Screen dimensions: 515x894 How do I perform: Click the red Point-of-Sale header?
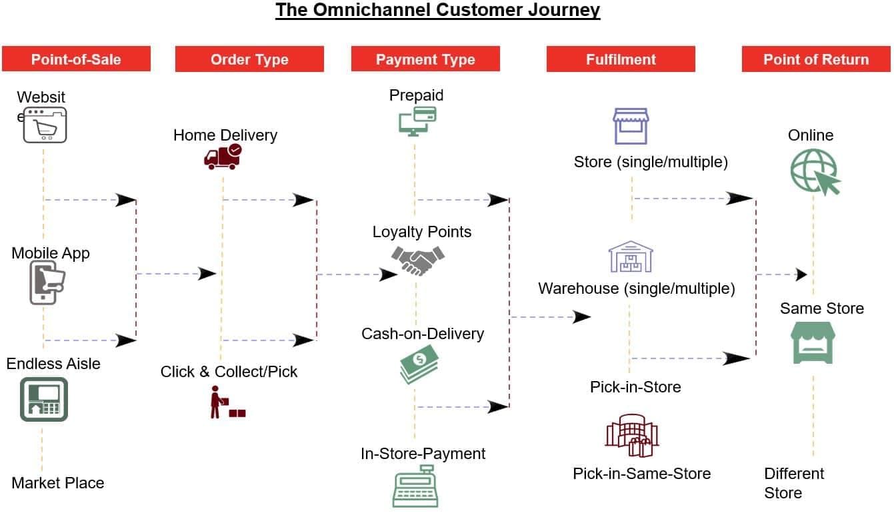point(76,59)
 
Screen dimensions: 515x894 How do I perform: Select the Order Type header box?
point(249,59)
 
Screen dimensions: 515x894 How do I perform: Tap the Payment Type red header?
point(425,59)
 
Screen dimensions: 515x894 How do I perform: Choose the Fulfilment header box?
point(621,59)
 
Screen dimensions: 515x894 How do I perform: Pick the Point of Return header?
point(816,59)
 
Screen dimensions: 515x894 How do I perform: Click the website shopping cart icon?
point(45,125)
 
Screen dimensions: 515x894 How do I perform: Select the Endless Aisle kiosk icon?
point(44,399)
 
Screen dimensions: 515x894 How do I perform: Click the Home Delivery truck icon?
point(222,157)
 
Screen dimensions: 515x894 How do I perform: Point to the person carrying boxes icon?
point(227,401)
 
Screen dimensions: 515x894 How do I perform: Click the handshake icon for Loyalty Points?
point(417,260)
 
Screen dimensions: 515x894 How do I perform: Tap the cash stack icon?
point(419,368)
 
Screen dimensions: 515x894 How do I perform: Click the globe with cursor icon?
point(815,171)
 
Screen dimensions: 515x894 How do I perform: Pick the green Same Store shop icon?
point(813,343)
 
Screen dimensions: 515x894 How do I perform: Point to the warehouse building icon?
point(630,257)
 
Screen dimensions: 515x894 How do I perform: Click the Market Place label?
point(58,483)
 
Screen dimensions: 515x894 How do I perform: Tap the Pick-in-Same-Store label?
point(641,474)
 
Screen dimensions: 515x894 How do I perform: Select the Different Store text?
point(793,483)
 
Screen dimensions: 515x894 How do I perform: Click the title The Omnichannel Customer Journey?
point(438,11)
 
